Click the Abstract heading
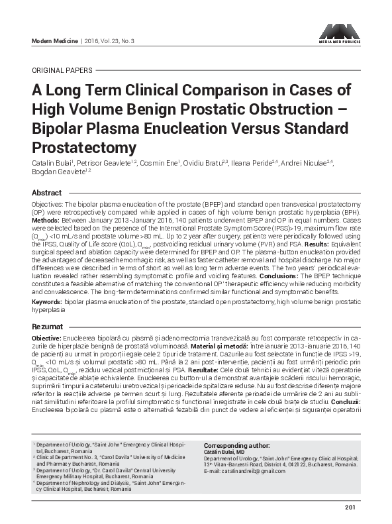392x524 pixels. (46, 192)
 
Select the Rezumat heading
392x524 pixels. (48, 327)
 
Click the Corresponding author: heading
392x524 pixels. (236, 446)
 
